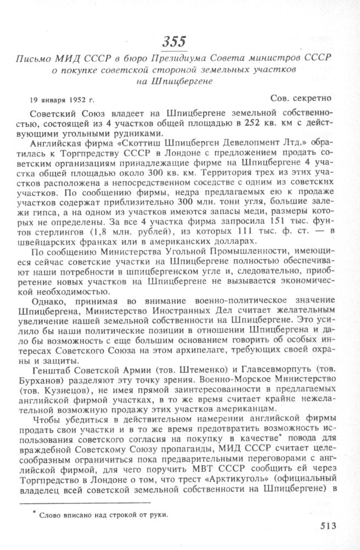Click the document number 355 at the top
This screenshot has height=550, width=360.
(174, 42)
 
